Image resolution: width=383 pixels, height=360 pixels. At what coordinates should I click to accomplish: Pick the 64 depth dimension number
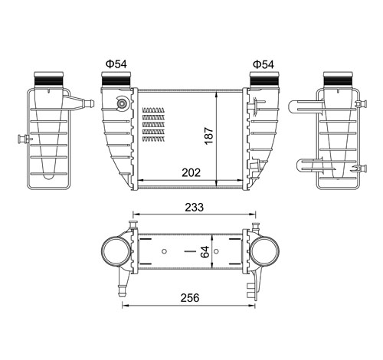click(x=205, y=253)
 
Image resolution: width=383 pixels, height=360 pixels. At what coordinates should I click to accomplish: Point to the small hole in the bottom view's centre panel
click(x=165, y=251)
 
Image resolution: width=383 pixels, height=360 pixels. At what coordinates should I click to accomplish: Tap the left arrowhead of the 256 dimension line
click(x=123, y=306)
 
